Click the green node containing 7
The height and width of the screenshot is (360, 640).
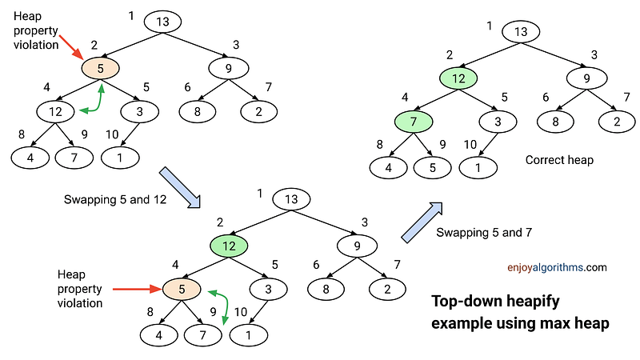[x=414, y=122]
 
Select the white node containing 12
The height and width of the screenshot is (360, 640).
[x=55, y=110]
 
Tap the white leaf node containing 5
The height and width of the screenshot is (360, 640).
[x=433, y=168]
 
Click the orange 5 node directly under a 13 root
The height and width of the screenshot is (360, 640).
[x=100, y=68]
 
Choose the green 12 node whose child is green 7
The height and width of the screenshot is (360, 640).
[x=458, y=78]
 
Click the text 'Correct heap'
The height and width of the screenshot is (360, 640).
[x=559, y=160]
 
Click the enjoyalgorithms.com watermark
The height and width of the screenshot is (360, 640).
[x=557, y=268]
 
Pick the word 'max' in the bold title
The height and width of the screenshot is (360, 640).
[x=555, y=324]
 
